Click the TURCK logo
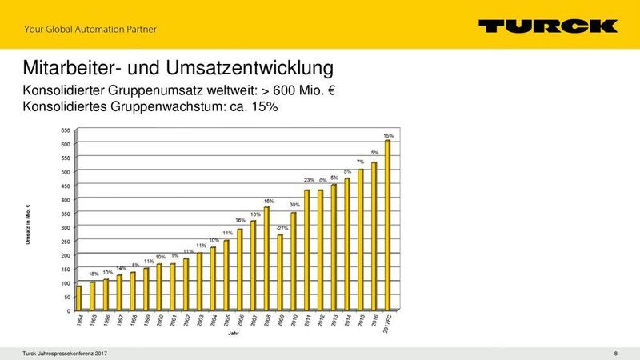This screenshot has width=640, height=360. (548, 26)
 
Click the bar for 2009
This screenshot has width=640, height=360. (279, 272)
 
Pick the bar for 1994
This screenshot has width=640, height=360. (78, 298)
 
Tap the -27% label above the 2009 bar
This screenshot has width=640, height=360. (282, 228)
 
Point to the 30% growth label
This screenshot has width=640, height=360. (294, 206)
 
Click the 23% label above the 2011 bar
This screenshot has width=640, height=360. (308, 180)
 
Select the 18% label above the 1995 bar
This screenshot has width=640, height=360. (93, 274)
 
